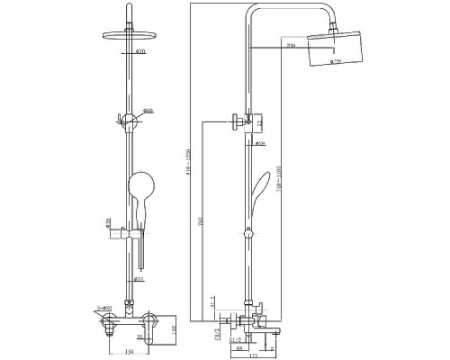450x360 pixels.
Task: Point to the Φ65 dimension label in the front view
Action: point(148,109)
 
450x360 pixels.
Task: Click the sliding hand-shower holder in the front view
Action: point(132,236)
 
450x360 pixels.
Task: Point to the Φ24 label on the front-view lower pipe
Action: point(139,279)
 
